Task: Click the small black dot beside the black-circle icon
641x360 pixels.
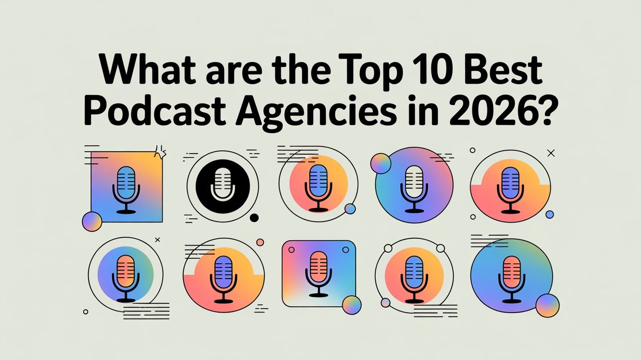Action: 254,218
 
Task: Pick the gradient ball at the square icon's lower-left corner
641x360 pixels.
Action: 92,221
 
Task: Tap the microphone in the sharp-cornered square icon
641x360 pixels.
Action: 126,189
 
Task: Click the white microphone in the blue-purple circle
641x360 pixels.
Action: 414,188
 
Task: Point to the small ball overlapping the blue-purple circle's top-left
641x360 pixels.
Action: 380,163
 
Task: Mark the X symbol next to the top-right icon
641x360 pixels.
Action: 552,154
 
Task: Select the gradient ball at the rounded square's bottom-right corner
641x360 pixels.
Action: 351,305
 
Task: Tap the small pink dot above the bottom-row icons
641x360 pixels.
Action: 260,242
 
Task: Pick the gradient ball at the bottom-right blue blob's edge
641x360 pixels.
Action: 547,306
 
